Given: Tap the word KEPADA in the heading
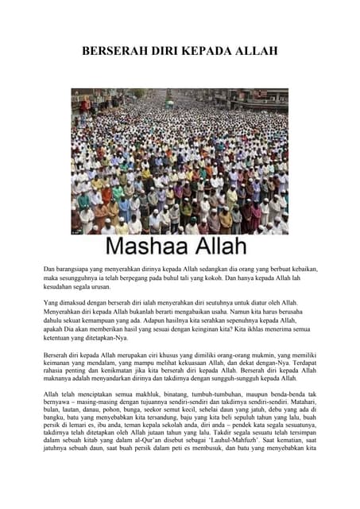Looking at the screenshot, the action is click(213, 52).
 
